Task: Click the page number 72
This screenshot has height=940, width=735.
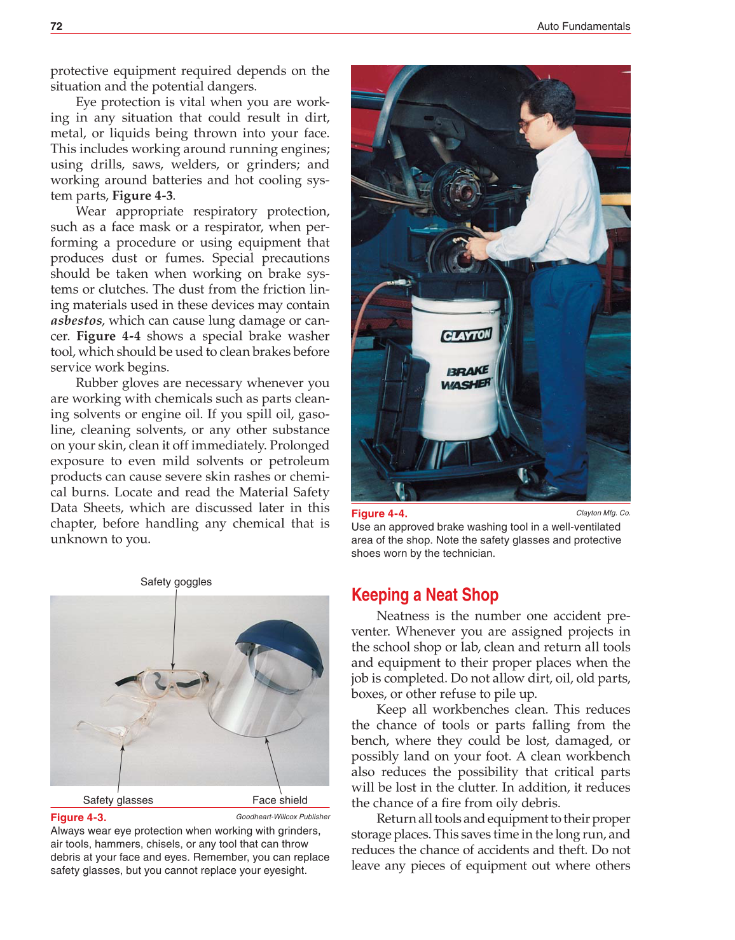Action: pyautogui.click(x=57, y=26)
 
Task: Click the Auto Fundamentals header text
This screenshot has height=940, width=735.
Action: pyautogui.click(x=583, y=26)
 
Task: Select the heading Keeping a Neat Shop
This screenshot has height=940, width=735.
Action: pyautogui.click(x=425, y=595)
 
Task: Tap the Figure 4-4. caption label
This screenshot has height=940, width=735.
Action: pyautogui.click(x=379, y=514)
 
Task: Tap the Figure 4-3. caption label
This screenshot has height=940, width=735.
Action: pyautogui.click(x=78, y=817)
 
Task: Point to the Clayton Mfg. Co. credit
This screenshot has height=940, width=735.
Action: pyautogui.click(x=603, y=513)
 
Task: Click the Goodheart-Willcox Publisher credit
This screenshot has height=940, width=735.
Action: pyautogui.click(x=283, y=817)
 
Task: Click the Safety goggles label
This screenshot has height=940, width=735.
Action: pyautogui.click(x=175, y=582)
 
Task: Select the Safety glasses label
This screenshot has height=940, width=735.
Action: pyautogui.click(x=118, y=800)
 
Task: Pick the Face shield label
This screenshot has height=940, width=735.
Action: pyautogui.click(x=280, y=800)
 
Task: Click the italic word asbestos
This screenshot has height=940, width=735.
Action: pyautogui.click(x=76, y=320)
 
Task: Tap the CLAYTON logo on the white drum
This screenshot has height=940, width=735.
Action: pyautogui.click(x=467, y=335)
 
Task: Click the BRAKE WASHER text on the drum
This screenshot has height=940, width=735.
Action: pyautogui.click(x=467, y=377)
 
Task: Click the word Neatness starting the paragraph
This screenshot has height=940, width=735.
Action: pyautogui.click(x=403, y=615)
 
